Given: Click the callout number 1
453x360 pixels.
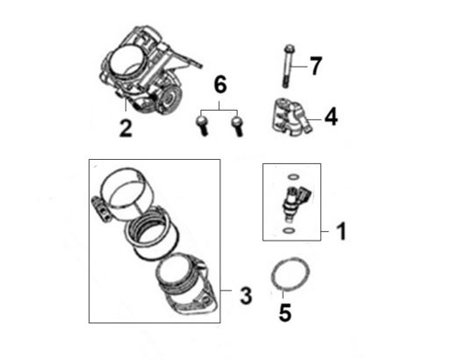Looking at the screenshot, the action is pyautogui.click(x=342, y=231).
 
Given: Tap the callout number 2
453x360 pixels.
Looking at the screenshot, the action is pyautogui.click(x=126, y=129).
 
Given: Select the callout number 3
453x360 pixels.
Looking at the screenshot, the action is pyautogui.click(x=246, y=296).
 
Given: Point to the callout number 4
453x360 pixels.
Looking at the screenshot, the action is pyautogui.click(x=331, y=117).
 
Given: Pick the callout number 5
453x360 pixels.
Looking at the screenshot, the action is pyautogui.click(x=285, y=313).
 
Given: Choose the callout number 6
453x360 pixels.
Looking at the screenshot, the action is pyautogui.click(x=220, y=84).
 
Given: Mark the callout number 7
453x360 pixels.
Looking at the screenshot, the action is pyautogui.click(x=316, y=66).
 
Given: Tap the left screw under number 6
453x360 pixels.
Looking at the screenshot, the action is pyautogui.click(x=202, y=126).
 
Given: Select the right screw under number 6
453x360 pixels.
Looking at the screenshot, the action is pyautogui.click(x=237, y=126).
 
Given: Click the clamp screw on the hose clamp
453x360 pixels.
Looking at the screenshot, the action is pyautogui.click(x=100, y=208).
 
